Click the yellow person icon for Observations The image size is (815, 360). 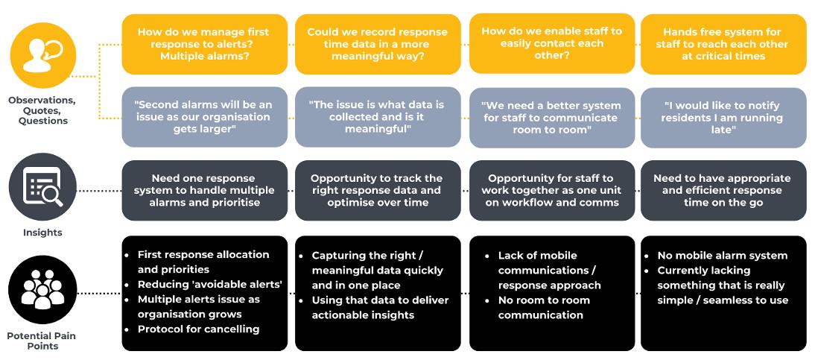point(42,57)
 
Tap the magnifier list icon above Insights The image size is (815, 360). point(42,186)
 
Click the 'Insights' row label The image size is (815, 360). point(42,233)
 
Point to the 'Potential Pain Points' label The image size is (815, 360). point(42,341)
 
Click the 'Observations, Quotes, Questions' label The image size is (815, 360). point(42,110)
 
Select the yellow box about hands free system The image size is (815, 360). point(723,44)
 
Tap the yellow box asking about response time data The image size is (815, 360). point(377,44)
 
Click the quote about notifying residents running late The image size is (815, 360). point(723,118)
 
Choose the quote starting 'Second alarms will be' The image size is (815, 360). point(203,117)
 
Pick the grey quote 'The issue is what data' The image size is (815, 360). point(377,117)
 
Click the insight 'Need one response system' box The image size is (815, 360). point(203,190)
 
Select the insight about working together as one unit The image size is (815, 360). point(551,190)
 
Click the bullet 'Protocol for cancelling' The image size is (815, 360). point(198,329)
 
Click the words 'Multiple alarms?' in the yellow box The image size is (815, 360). point(203,56)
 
